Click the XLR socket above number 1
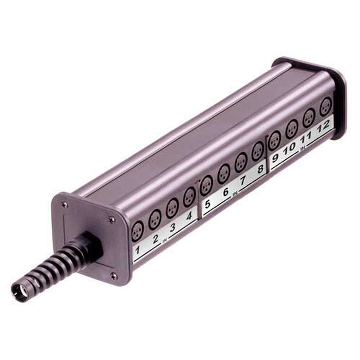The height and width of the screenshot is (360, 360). click(x=137, y=230)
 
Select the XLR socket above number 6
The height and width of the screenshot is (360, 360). click(x=224, y=173)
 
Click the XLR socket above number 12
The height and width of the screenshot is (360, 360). click(x=325, y=107)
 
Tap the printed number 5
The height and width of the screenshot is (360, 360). click(x=207, y=203)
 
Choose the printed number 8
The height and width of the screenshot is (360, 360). click(x=260, y=169)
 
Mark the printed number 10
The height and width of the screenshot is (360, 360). click(x=290, y=146)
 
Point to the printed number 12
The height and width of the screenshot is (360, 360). click(x=323, y=126)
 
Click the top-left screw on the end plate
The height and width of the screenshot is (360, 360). click(x=65, y=204)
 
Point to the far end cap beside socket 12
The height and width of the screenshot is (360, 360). click(x=340, y=99)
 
